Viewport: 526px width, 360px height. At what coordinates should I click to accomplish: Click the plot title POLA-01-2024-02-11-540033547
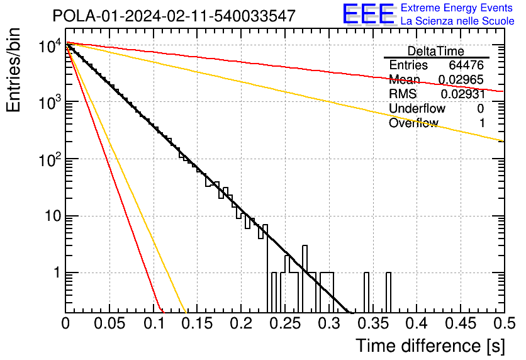tap(174, 16)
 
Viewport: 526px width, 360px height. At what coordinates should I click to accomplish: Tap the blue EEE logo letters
tap(369, 14)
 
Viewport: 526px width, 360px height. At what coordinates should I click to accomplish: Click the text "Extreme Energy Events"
tap(457, 8)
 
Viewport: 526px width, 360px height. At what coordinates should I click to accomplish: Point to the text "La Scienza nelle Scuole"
tap(457, 21)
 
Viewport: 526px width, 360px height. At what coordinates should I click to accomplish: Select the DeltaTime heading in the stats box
tap(436, 51)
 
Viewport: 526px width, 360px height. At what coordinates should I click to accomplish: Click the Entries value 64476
tap(466, 65)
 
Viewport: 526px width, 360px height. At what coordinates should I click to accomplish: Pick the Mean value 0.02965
tap(461, 79)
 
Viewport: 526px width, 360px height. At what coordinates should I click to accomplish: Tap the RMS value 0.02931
tap(463, 94)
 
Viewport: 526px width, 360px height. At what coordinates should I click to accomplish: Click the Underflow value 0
tap(480, 108)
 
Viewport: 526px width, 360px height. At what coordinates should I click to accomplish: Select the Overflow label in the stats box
tap(413, 123)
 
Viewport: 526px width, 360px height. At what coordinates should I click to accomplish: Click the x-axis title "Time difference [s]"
tap(430, 346)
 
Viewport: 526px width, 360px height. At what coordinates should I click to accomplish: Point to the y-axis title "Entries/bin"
tap(13, 70)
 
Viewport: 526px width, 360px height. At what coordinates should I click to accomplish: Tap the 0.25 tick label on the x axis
tap(285, 323)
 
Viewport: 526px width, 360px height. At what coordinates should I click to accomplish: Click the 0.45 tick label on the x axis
tap(461, 323)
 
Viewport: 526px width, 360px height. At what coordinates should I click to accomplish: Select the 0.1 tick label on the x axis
tap(154, 323)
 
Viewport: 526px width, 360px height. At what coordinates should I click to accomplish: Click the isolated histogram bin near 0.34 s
tap(366, 292)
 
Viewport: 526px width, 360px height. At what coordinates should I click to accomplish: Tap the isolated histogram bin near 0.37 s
tap(388, 292)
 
